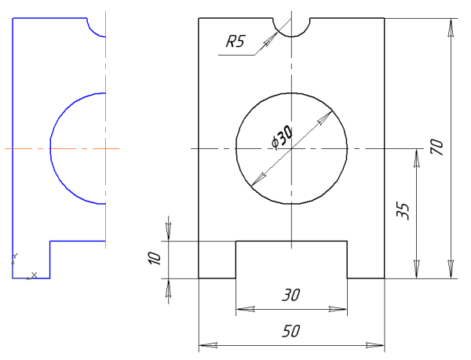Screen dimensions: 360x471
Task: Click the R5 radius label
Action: click(235, 43)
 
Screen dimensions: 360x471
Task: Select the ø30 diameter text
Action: click(280, 138)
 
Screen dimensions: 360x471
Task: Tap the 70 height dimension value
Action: click(438, 147)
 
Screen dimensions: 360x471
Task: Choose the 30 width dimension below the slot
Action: click(290, 296)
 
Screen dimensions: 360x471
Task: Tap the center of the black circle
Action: click(291, 148)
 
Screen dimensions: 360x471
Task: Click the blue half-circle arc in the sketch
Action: click(50, 147)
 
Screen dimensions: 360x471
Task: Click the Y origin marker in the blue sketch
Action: click(13, 258)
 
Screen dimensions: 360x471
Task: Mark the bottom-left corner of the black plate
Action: click(199, 278)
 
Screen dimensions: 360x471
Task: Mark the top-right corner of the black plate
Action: click(384, 18)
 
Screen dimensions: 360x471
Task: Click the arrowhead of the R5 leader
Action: click(276, 34)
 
